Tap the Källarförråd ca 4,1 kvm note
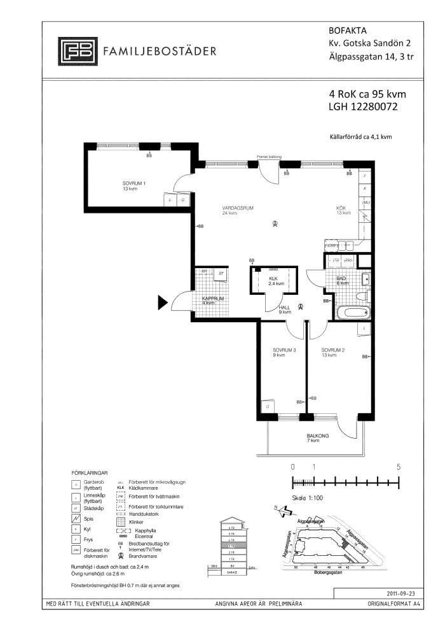point(360,136)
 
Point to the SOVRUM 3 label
point(284,351)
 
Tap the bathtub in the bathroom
point(353,313)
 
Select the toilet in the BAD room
point(360,295)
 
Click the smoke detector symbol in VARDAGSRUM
point(275,223)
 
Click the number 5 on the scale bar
point(399,467)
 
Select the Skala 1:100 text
point(308,499)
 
